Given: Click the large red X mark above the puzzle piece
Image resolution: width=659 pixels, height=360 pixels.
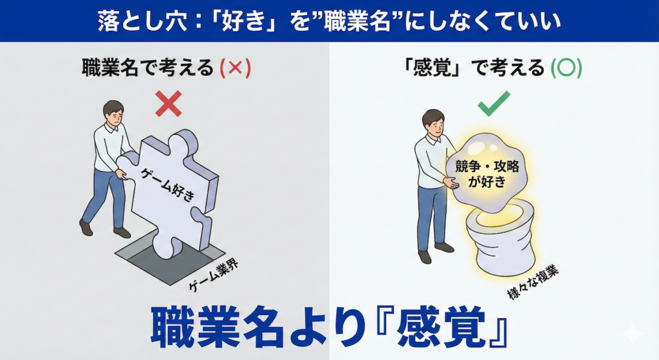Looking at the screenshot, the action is click(x=169, y=104).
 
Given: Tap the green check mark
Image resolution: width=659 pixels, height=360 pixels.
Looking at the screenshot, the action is click(x=494, y=104).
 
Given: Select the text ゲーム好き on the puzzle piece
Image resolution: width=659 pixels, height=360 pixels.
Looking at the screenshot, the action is click(x=168, y=184).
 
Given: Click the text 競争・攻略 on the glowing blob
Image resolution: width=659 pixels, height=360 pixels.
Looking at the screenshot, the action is click(x=487, y=166).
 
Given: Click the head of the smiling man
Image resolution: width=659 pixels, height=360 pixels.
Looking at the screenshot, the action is click(x=433, y=122).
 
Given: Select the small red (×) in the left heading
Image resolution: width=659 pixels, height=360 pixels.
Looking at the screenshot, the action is click(x=236, y=68).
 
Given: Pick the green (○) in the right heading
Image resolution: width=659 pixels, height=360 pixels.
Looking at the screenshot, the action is click(x=566, y=68).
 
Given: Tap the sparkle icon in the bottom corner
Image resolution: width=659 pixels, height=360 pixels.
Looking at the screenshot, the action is click(x=632, y=334).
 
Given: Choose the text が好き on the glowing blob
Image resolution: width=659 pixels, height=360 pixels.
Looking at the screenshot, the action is click(x=487, y=182).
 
